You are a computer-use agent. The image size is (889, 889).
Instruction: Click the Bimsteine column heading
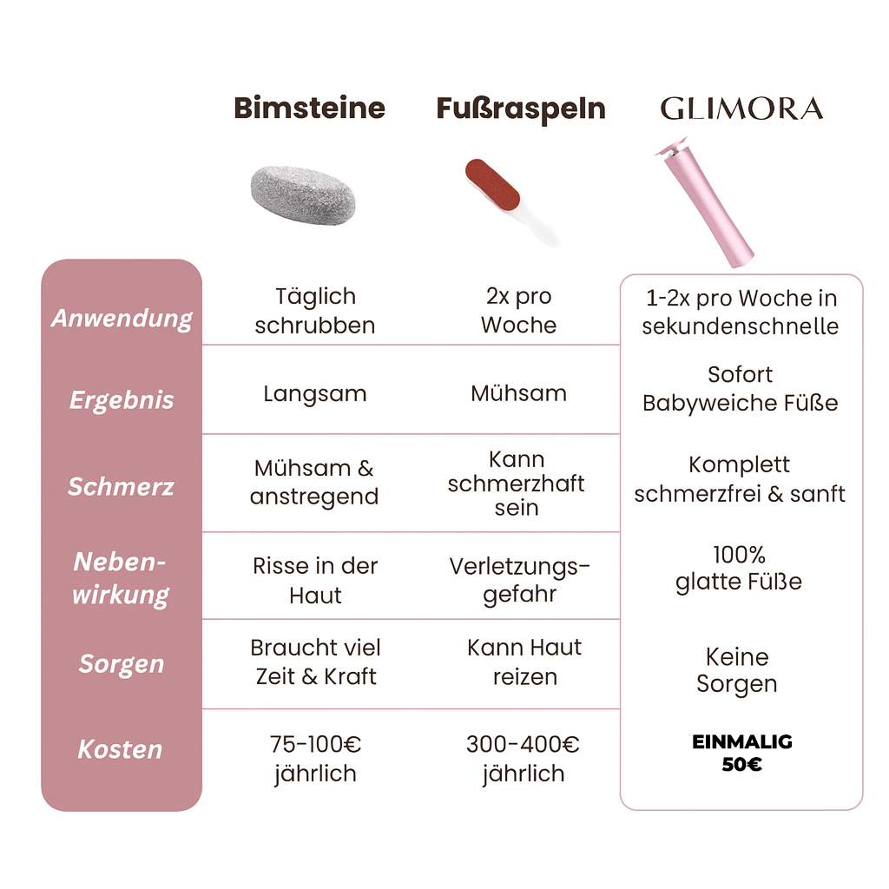[x=309, y=109]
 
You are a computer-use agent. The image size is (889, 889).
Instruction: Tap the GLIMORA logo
[x=741, y=109]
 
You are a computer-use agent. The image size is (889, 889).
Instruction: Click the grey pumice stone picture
[x=303, y=198]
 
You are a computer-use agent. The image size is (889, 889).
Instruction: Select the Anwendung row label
[x=122, y=318]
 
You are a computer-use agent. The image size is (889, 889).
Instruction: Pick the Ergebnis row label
[x=122, y=400]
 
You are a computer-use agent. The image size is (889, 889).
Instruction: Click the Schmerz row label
[x=122, y=486]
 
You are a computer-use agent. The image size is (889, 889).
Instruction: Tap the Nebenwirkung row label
[x=121, y=578]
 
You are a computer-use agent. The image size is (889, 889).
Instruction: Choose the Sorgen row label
[x=122, y=664]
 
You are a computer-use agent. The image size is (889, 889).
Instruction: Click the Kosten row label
[x=121, y=749]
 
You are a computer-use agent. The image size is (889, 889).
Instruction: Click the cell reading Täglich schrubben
[x=315, y=311]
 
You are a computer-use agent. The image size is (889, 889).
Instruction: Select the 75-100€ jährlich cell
[x=315, y=758]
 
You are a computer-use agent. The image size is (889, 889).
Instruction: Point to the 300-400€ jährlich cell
[x=523, y=758]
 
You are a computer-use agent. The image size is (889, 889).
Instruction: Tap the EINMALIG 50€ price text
[x=742, y=754]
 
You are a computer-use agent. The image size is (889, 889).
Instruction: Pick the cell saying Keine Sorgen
[x=737, y=670]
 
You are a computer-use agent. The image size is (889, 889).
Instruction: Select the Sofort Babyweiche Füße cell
[x=740, y=389]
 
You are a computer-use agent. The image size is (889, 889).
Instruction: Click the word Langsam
[x=315, y=393]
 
